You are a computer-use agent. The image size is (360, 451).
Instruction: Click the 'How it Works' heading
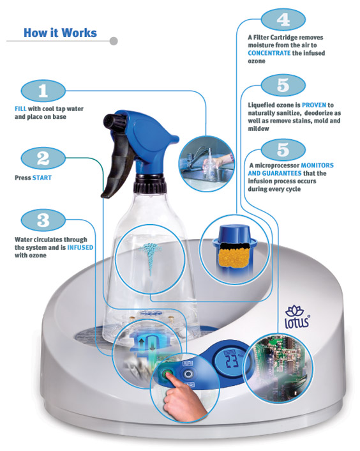pyautogui.click(x=60, y=33)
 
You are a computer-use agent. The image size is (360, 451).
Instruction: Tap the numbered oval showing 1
pyautogui.click(x=43, y=91)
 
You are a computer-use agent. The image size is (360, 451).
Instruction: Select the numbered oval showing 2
pyautogui.click(x=43, y=158)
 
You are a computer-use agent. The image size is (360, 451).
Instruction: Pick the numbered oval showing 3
pyautogui.click(x=43, y=220)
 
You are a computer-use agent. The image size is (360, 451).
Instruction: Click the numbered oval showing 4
pyautogui.click(x=283, y=20)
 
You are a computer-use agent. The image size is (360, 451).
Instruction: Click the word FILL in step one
pyautogui.click(x=20, y=109)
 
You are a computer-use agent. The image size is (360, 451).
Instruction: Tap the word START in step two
pyautogui.click(x=42, y=178)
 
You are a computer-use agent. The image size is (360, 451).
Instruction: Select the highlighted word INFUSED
pyautogui.click(x=80, y=247)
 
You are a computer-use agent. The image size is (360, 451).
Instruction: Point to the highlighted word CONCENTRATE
pyautogui.click(x=269, y=53)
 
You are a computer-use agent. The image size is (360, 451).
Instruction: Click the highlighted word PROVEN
pyautogui.click(x=314, y=105)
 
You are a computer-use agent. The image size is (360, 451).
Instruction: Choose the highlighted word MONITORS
pyautogui.click(x=317, y=165)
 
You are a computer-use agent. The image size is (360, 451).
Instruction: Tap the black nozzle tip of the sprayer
pyautogui.click(x=110, y=120)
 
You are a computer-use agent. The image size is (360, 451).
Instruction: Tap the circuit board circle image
pyautogui.click(x=278, y=367)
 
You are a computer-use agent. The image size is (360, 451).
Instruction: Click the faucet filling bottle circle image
pyautogui.click(x=207, y=164)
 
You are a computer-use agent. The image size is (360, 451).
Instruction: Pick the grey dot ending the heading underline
pyautogui.click(x=114, y=41)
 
